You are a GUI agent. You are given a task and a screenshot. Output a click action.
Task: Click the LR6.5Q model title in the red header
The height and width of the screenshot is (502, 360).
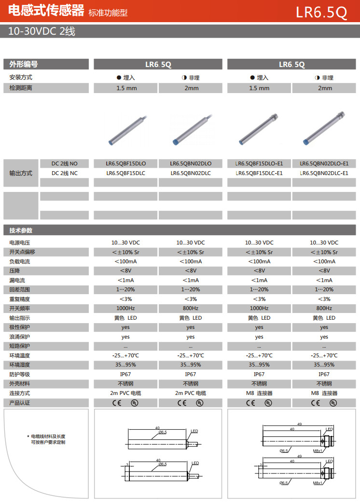[321, 12]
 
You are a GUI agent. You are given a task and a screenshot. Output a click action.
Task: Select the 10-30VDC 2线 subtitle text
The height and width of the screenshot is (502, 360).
[42, 31]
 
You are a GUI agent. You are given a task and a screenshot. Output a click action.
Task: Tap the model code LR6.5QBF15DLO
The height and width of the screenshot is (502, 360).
[125, 163]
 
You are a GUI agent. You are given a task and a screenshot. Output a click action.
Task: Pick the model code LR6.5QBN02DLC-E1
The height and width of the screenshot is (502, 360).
[324, 173]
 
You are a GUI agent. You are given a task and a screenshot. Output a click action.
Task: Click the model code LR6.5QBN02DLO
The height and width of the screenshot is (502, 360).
[191, 163]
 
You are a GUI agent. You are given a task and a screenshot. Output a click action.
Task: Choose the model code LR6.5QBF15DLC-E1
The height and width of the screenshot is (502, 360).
[259, 173]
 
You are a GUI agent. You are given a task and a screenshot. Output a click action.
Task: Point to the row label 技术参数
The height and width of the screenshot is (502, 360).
[21, 231]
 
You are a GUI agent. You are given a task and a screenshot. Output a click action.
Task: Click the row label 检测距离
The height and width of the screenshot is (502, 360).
[20, 88]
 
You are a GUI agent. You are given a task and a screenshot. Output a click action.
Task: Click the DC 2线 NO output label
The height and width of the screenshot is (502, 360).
[64, 163]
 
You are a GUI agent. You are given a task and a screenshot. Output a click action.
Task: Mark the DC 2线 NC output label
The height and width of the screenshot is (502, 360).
[64, 173]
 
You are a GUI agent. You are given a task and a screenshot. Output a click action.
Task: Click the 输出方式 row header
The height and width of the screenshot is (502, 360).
[21, 173]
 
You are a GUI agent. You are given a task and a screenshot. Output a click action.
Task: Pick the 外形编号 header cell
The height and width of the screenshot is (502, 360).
[24, 64]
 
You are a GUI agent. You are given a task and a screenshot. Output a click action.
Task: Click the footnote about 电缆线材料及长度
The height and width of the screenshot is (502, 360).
[48, 439]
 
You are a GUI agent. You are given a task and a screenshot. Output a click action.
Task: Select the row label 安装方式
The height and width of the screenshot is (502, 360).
[20, 77]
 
